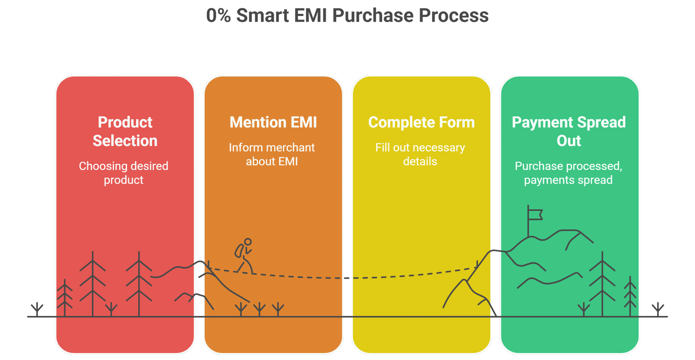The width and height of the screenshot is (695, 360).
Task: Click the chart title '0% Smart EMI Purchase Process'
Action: (x=347, y=15)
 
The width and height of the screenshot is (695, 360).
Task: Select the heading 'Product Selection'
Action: (x=125, y=131)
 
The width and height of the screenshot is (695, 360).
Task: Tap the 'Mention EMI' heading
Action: (x=273, y=122)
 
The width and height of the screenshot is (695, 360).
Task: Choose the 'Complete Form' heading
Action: (x=421, y=122)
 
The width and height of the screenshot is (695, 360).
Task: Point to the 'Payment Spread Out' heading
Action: (x=569, y=131)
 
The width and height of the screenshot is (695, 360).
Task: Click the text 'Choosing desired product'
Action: (x=124, y=173)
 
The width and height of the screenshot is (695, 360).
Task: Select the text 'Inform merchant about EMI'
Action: (x=272, y=154)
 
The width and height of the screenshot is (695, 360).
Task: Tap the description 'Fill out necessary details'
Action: (x=420, y=154)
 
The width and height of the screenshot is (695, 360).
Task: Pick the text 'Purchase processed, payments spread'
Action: (x=568, y=173)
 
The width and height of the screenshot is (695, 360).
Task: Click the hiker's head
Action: (x=248, y=242)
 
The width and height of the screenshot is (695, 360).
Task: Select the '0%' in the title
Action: (x=218, y=15)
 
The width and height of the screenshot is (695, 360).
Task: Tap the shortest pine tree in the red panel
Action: (x=65, y=298)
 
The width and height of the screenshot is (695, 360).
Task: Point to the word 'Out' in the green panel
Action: (x=569, y=141)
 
